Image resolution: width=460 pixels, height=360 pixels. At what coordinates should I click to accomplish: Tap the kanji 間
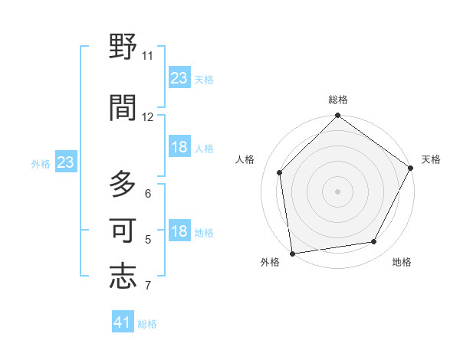[x=123, y=108]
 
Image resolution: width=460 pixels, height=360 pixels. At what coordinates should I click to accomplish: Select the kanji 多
[x=123, y=185]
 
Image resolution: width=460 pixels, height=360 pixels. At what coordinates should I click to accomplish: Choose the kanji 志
[x=123, y=276]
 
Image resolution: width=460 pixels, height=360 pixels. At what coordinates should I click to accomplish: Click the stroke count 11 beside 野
[x=148, y=56]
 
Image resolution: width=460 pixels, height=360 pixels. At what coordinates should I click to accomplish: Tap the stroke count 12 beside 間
[x=148, y=116]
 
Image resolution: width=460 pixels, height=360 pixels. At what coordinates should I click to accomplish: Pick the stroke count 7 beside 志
[x=148, y=286]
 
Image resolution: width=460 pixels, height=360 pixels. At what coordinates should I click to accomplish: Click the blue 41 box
[x=123, y=322]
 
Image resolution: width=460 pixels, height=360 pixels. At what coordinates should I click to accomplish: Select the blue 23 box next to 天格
[x=179, y=78]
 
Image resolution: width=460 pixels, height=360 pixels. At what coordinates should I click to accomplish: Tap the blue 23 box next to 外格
[x=66, y=162]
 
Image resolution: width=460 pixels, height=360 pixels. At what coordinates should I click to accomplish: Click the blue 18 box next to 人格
[x=179, y=147]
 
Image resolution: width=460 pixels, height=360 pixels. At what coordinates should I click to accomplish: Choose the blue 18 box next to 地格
[x=179, y=232]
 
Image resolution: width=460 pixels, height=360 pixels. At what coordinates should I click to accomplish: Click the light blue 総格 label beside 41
[x=147, y=324]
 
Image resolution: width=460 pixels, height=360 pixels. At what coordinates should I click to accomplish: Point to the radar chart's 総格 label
[x=338, y=100]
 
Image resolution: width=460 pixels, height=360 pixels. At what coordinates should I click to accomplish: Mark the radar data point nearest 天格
[x=411, y=169]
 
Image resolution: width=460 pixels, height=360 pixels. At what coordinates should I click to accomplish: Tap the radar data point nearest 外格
[x=292, y=253]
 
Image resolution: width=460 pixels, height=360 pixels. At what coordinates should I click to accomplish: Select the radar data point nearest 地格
[x=374, y=241]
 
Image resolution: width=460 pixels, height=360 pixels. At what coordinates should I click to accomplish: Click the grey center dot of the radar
[x=337, y=191]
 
